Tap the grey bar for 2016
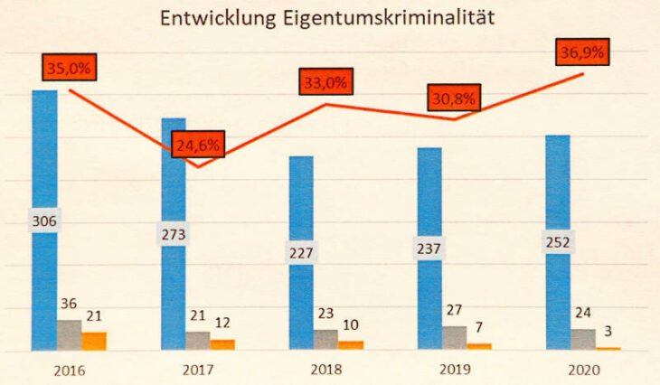[x=69, y=335]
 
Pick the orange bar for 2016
[x=94, y=341]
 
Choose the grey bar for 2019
[x=455, y=338]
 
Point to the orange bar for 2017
[x=222, y=344]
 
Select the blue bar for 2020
[x=558, y=190]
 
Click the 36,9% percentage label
[x=582, y=52]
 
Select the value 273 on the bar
[x=173, y=236]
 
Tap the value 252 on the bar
[x=558, y=241]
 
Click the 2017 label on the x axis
[x=196, y=370]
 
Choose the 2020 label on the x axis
[x=582, y=370]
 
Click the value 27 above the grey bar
[x=454, y=310]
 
